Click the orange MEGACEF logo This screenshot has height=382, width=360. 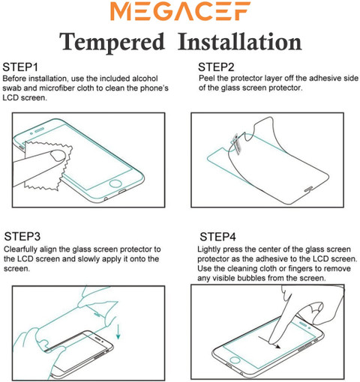pyautogui.click(x=180, y=11)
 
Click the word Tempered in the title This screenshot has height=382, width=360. pyautogui.click(x=112, y=42)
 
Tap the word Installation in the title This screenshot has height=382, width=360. pyautogui.click(x=240, y=42)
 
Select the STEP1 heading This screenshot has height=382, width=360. pyautogui.click(x=20, y=67)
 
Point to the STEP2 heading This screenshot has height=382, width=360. pyautogui.click(x=216, y=67)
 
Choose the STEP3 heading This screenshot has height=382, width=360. pyautogui.click(x=22, y=237)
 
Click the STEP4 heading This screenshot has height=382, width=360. pyautogui.click(x=217, y=237)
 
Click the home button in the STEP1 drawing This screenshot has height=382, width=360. pyautogui.click(x=115, y=184)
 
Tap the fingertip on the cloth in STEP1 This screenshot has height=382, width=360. pyautogui.click(x=58, y=155)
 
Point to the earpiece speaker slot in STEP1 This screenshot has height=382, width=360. pyautogui.click(x=39, y=130)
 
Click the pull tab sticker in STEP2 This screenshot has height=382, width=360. pyautogui.click(x=236, y=143)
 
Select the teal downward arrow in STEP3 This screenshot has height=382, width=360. pyautogui.click(x=118, y=331)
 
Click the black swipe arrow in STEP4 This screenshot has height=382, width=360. pyautogui.click(x=269, y=342)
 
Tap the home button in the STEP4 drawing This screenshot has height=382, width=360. pyautogui.click(x=235, y=360)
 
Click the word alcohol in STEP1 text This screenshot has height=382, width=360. pyautogui.click(x=145, y=79)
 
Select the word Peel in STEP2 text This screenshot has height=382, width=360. pyautogui.click(x=207, y=78)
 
